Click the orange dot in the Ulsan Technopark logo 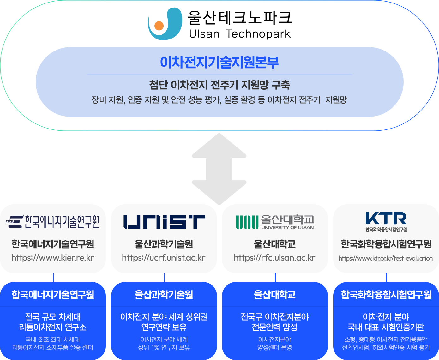pyautogui.click(x=159, y=26)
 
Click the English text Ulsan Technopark pyautogui.click(x=240, y=34)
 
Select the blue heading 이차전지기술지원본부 pyautogui.click(x=219, y=62)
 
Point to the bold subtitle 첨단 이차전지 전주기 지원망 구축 pyautogui.click(x=220, y=85)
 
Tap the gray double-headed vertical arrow pyautogui.click(x=219, y=169)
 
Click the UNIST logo pyautogui.click(x=164, y=222)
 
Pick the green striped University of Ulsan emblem pyautogui.click(x=247, y=222)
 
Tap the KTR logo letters pyautogui.click(x=386, y=218)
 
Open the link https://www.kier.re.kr pyautogui.click(x=53, y=258)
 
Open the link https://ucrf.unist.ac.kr pyautogui.click(x=164, y=258)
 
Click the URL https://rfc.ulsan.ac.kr pyautogui.click(x=274, y=258)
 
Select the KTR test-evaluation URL pyautogui.click(x=386, y=258)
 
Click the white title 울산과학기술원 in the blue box pyautogui.click(x=164, y=295)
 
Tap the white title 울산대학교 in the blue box pyautogui.click(x=275, y=295)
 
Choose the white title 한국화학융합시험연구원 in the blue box pyautogui.click(x=386, y=295)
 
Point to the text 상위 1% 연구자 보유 pyautogui.click(x=164, y=347)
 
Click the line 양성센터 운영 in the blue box pyautogui.click(x=275, y=347)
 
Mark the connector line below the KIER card pyautogui.click(x=53, y=278)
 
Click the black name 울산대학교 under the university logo pyautogui.click(x=275, y=244)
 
